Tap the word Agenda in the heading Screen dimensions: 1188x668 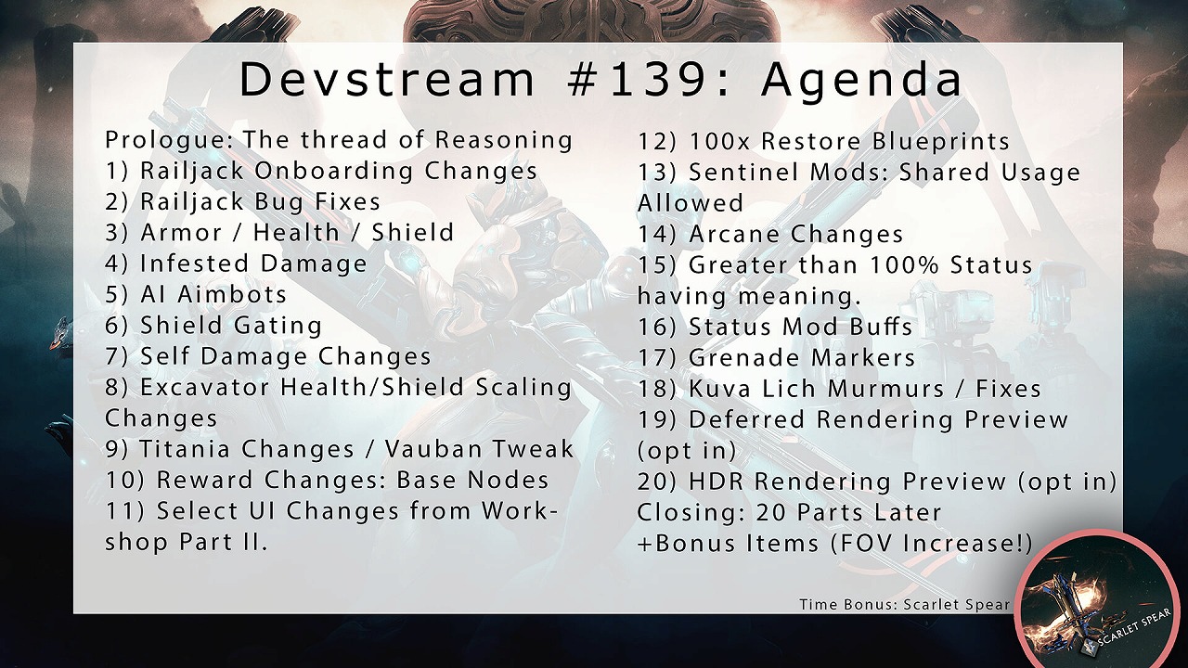pyautogui.click(x=861, y=81)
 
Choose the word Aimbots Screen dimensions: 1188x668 pyautogui.click(x=232, y=294)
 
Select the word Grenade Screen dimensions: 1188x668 pyautogui.click(x=742, y=358)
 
